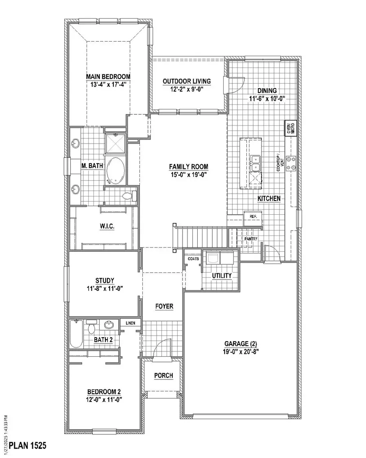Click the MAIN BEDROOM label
(x=108, y=76)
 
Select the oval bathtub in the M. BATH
(x=115, y=171)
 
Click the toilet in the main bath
(x=128, y=196)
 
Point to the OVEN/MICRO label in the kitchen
(x=290, y=128)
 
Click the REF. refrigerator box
(x=253, y=216)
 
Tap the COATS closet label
(x=193, y=258)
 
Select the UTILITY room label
(x=222, y=276)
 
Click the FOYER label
(x=164, y=306)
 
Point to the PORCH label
(x=163, y=375)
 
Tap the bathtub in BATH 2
(x=76, y=334)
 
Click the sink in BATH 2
(x=109, y=325)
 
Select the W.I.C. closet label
(x=107, y=227)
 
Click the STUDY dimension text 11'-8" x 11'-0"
(x=105, y=288)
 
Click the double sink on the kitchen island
(x=255, y=163)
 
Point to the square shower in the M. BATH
(x=115, y=143)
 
